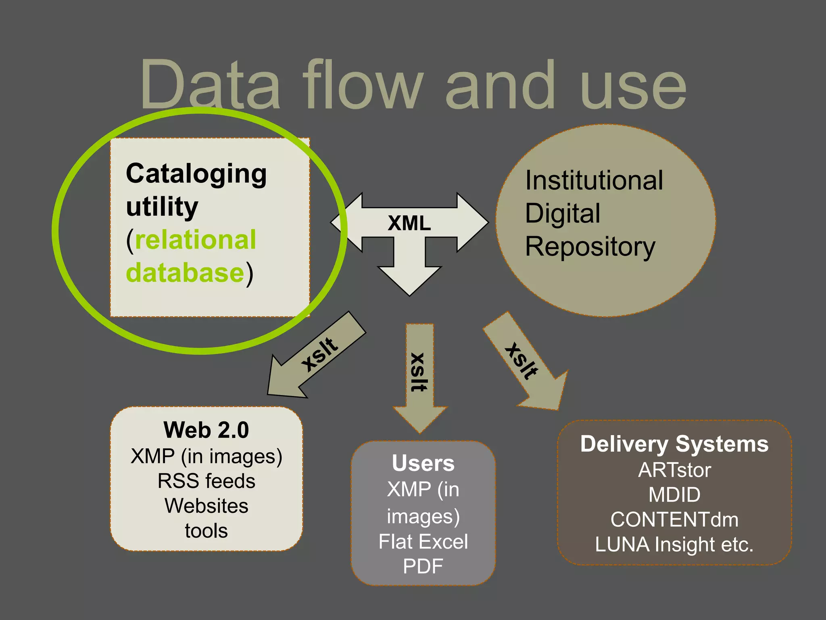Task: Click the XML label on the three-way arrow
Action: coord(409,223)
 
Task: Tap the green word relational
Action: coord(195,240)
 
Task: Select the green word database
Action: coord(185,273)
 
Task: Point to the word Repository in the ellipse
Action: coord(590,247)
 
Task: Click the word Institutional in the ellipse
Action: coord(594,180)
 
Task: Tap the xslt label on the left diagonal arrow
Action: coord(319,354)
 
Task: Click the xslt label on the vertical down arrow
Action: coord(418,372)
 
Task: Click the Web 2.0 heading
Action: coord(206,430)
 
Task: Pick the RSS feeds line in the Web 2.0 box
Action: coord(206,481)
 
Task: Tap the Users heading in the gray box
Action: coord(423,463)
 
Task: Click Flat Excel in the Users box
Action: coord(423,542)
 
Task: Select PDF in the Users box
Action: coord(423,566)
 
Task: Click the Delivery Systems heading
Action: coord(674,444)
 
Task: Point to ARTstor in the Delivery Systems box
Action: coord(674,470)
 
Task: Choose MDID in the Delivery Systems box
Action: coord(674,495)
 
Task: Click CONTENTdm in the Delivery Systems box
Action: coord(674,519)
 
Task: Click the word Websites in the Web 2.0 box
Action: coord(206,506)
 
